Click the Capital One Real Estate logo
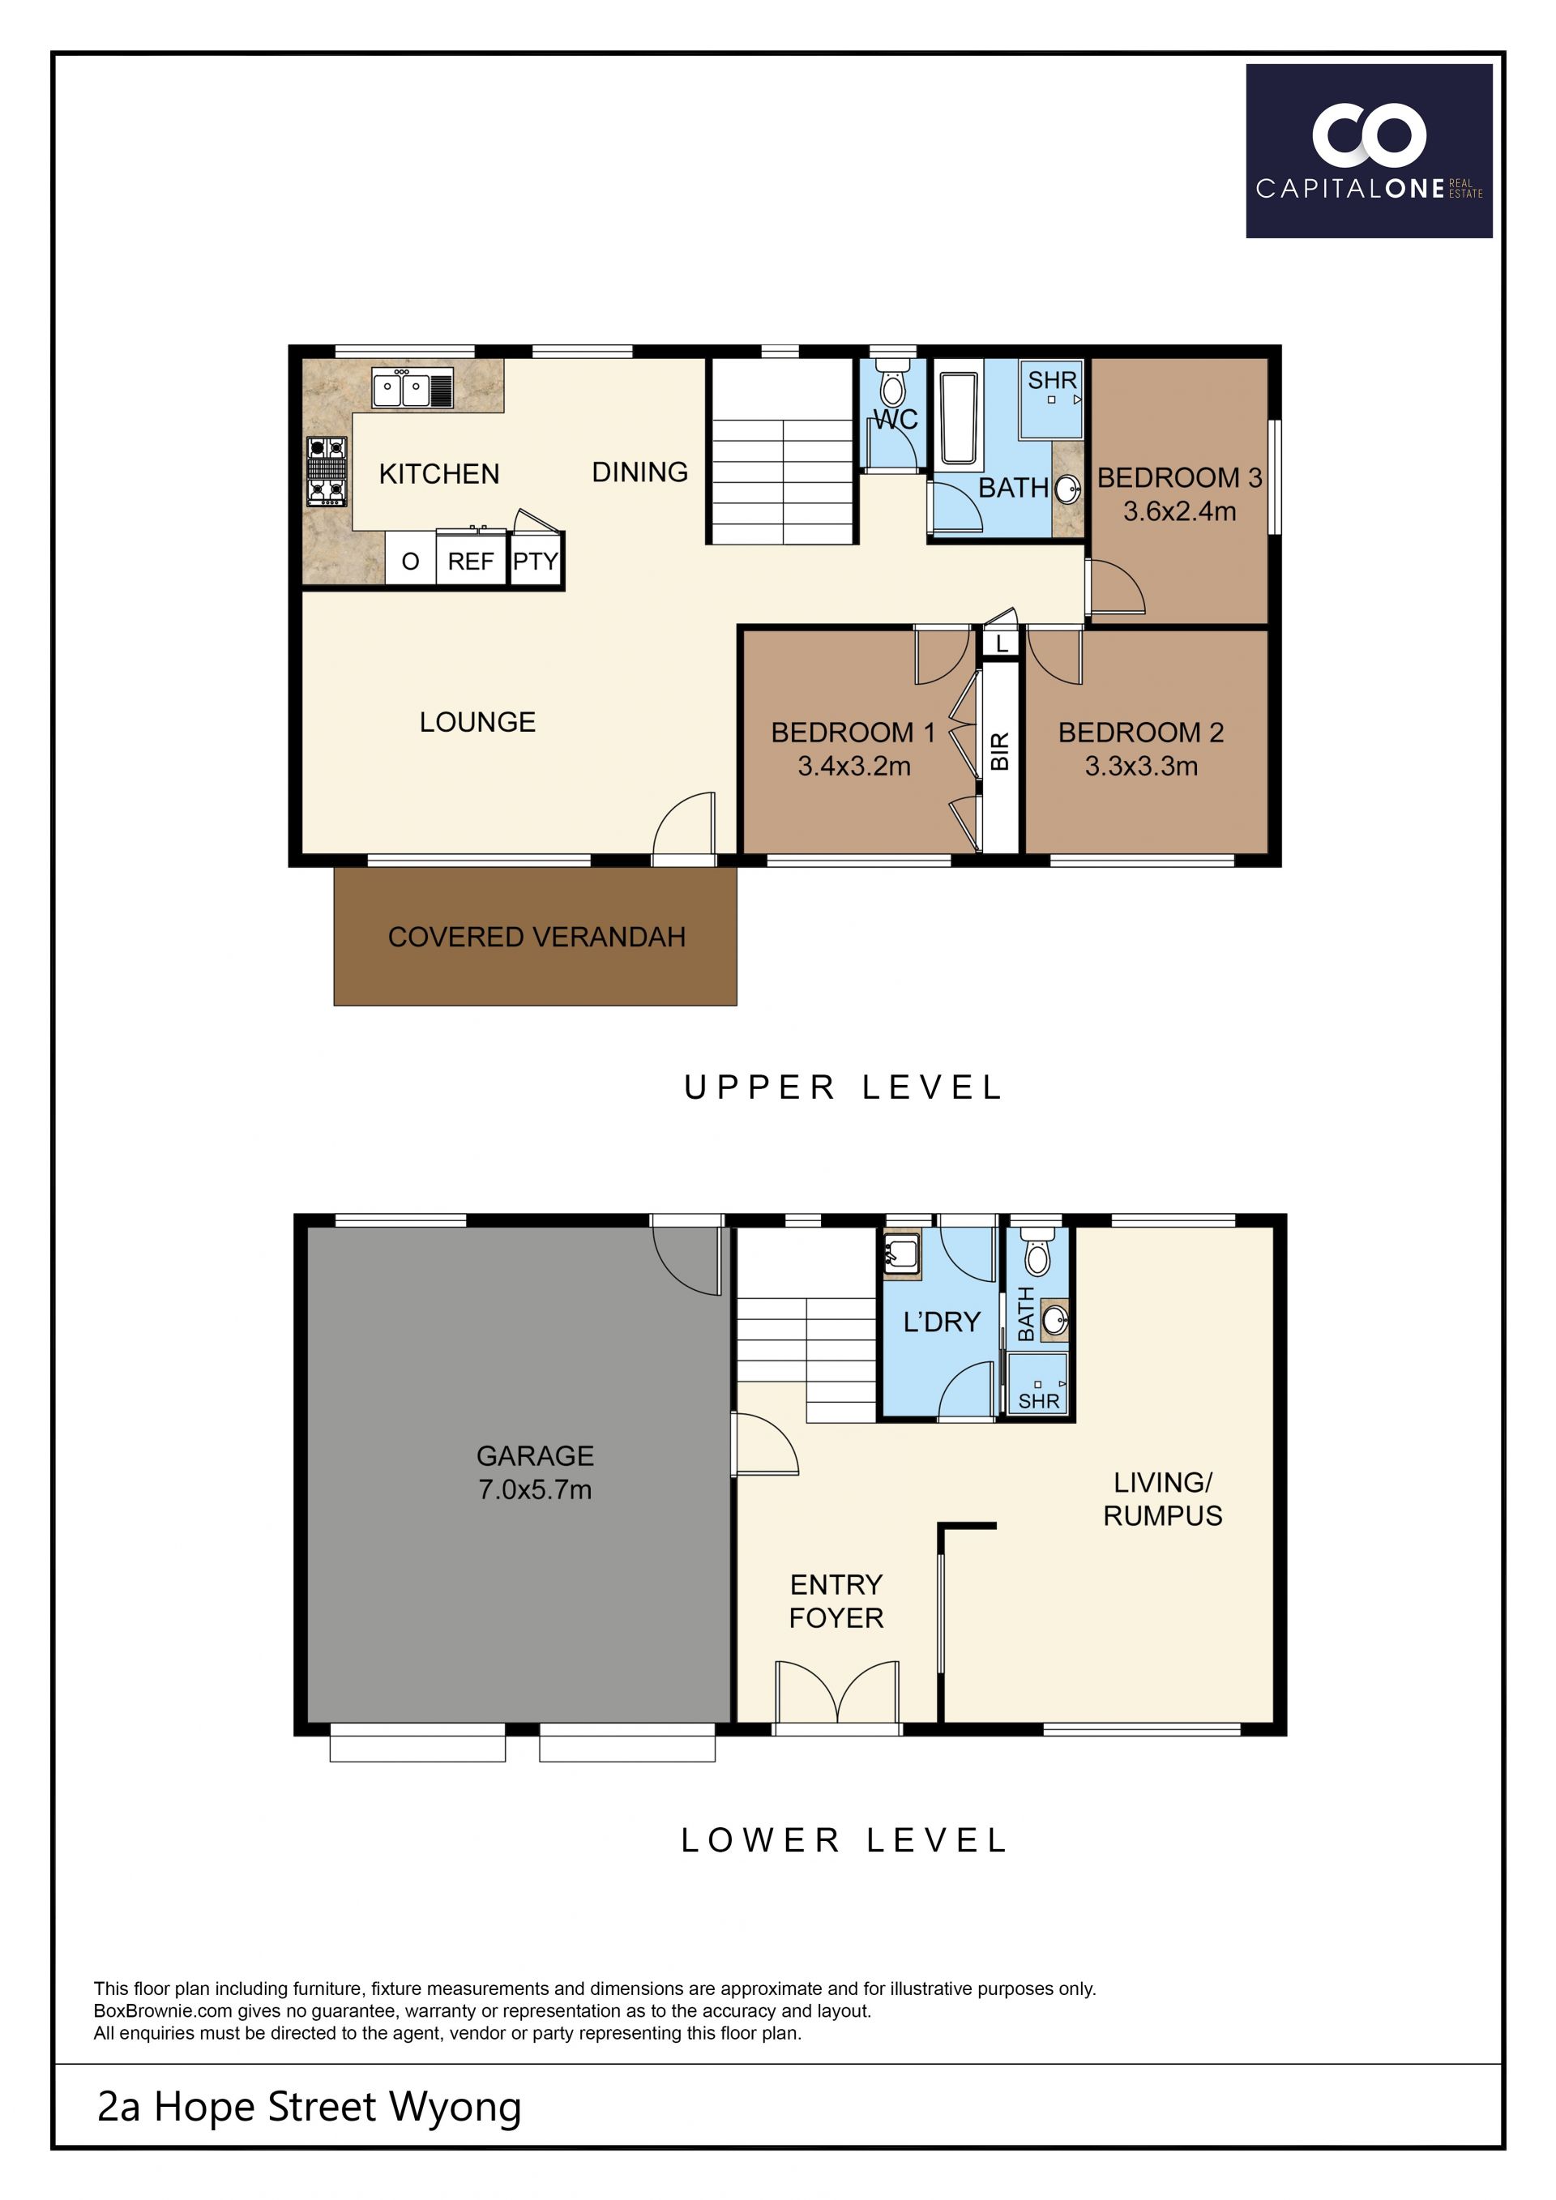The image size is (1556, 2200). tap(1368, 151)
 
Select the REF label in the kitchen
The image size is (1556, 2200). tap(470, 562)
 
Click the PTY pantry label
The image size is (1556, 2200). tap(536, 562)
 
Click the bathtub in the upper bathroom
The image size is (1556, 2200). tap(958, 419)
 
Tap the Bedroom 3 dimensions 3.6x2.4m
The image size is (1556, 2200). tap(1179, 510)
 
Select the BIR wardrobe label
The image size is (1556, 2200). tap(999, 751)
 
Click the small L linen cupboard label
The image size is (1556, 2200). tap(1001, 644)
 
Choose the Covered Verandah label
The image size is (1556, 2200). tap(536, 936)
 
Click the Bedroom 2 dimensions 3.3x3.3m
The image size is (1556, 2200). tap(1141, 766)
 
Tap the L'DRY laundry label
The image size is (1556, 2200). tap(942, 1322)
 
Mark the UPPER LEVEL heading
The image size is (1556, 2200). tap(843, 1087)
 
